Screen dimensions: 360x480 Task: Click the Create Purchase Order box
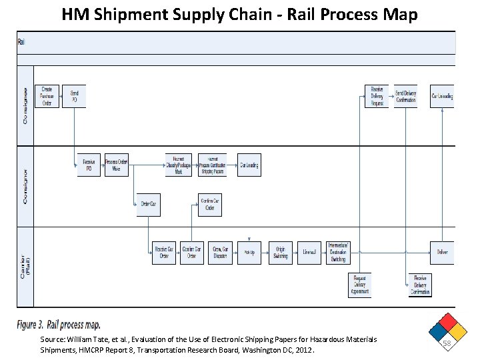click(47, 97)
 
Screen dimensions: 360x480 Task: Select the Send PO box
click(74, 97)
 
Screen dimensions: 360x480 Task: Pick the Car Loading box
click(249, 165)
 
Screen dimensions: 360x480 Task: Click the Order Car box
click(148, 205)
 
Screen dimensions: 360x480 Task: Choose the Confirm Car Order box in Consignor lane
click(210, 205)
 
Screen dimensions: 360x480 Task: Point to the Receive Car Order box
click(164, 253)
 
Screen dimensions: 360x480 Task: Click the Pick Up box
click(249, 253)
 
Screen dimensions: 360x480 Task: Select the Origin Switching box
click(281, 253)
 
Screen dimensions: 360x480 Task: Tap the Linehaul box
click(309, 253)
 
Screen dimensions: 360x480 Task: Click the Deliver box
click(442, 253)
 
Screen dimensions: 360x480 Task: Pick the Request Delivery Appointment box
click(359, 285)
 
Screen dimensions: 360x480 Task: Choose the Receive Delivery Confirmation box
click(420, 285)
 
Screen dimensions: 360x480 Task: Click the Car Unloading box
click(442, 97)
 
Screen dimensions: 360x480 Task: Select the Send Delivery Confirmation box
click(405, 97)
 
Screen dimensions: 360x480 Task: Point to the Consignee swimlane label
click(25, 105)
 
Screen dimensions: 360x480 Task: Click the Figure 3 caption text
click(59, 325)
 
